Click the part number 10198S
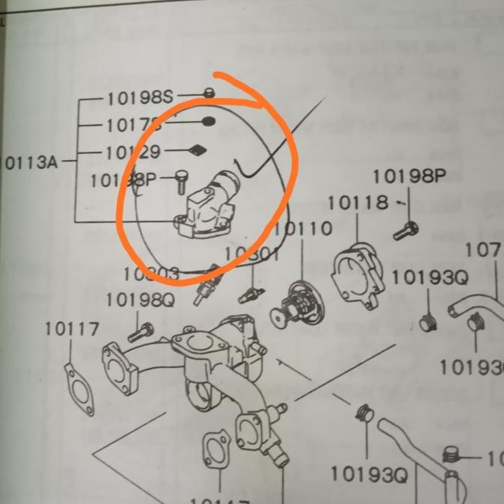click(139, 97)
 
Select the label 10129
click(132, 153)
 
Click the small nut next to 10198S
click(209, 93)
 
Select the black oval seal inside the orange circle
click(209, 121)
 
